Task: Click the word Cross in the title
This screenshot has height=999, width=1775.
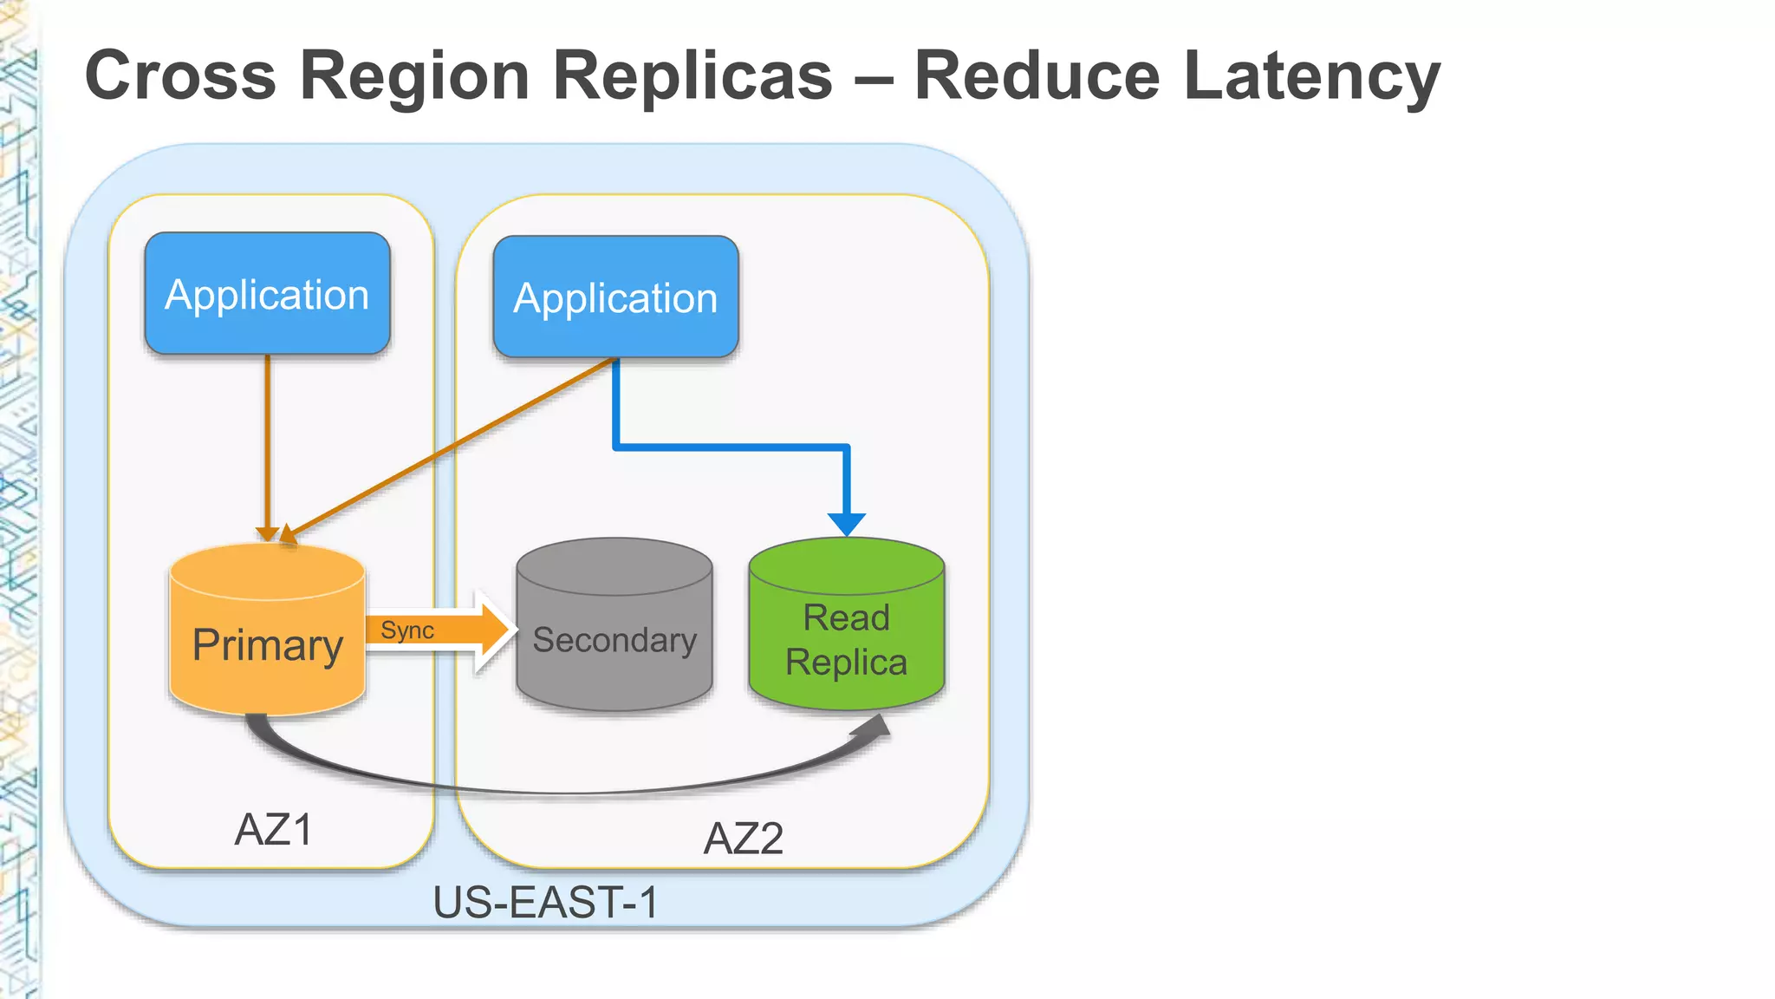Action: [180, 76]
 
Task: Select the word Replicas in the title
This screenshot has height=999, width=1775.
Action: [692, 76]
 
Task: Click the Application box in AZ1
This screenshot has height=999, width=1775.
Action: [267, 294]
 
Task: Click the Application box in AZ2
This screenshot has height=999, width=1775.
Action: [615, 297]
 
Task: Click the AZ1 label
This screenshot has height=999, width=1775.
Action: [273, 830]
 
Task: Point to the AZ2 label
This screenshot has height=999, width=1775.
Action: [743, 839]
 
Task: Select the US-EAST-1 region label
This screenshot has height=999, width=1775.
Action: [545, 903]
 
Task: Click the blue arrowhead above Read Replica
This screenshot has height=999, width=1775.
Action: [846, 524]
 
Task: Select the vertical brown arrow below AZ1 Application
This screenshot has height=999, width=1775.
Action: [267, 442]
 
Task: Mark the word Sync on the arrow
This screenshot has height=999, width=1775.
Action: [406, 630]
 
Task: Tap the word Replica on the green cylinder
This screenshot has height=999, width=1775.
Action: [846, 663]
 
